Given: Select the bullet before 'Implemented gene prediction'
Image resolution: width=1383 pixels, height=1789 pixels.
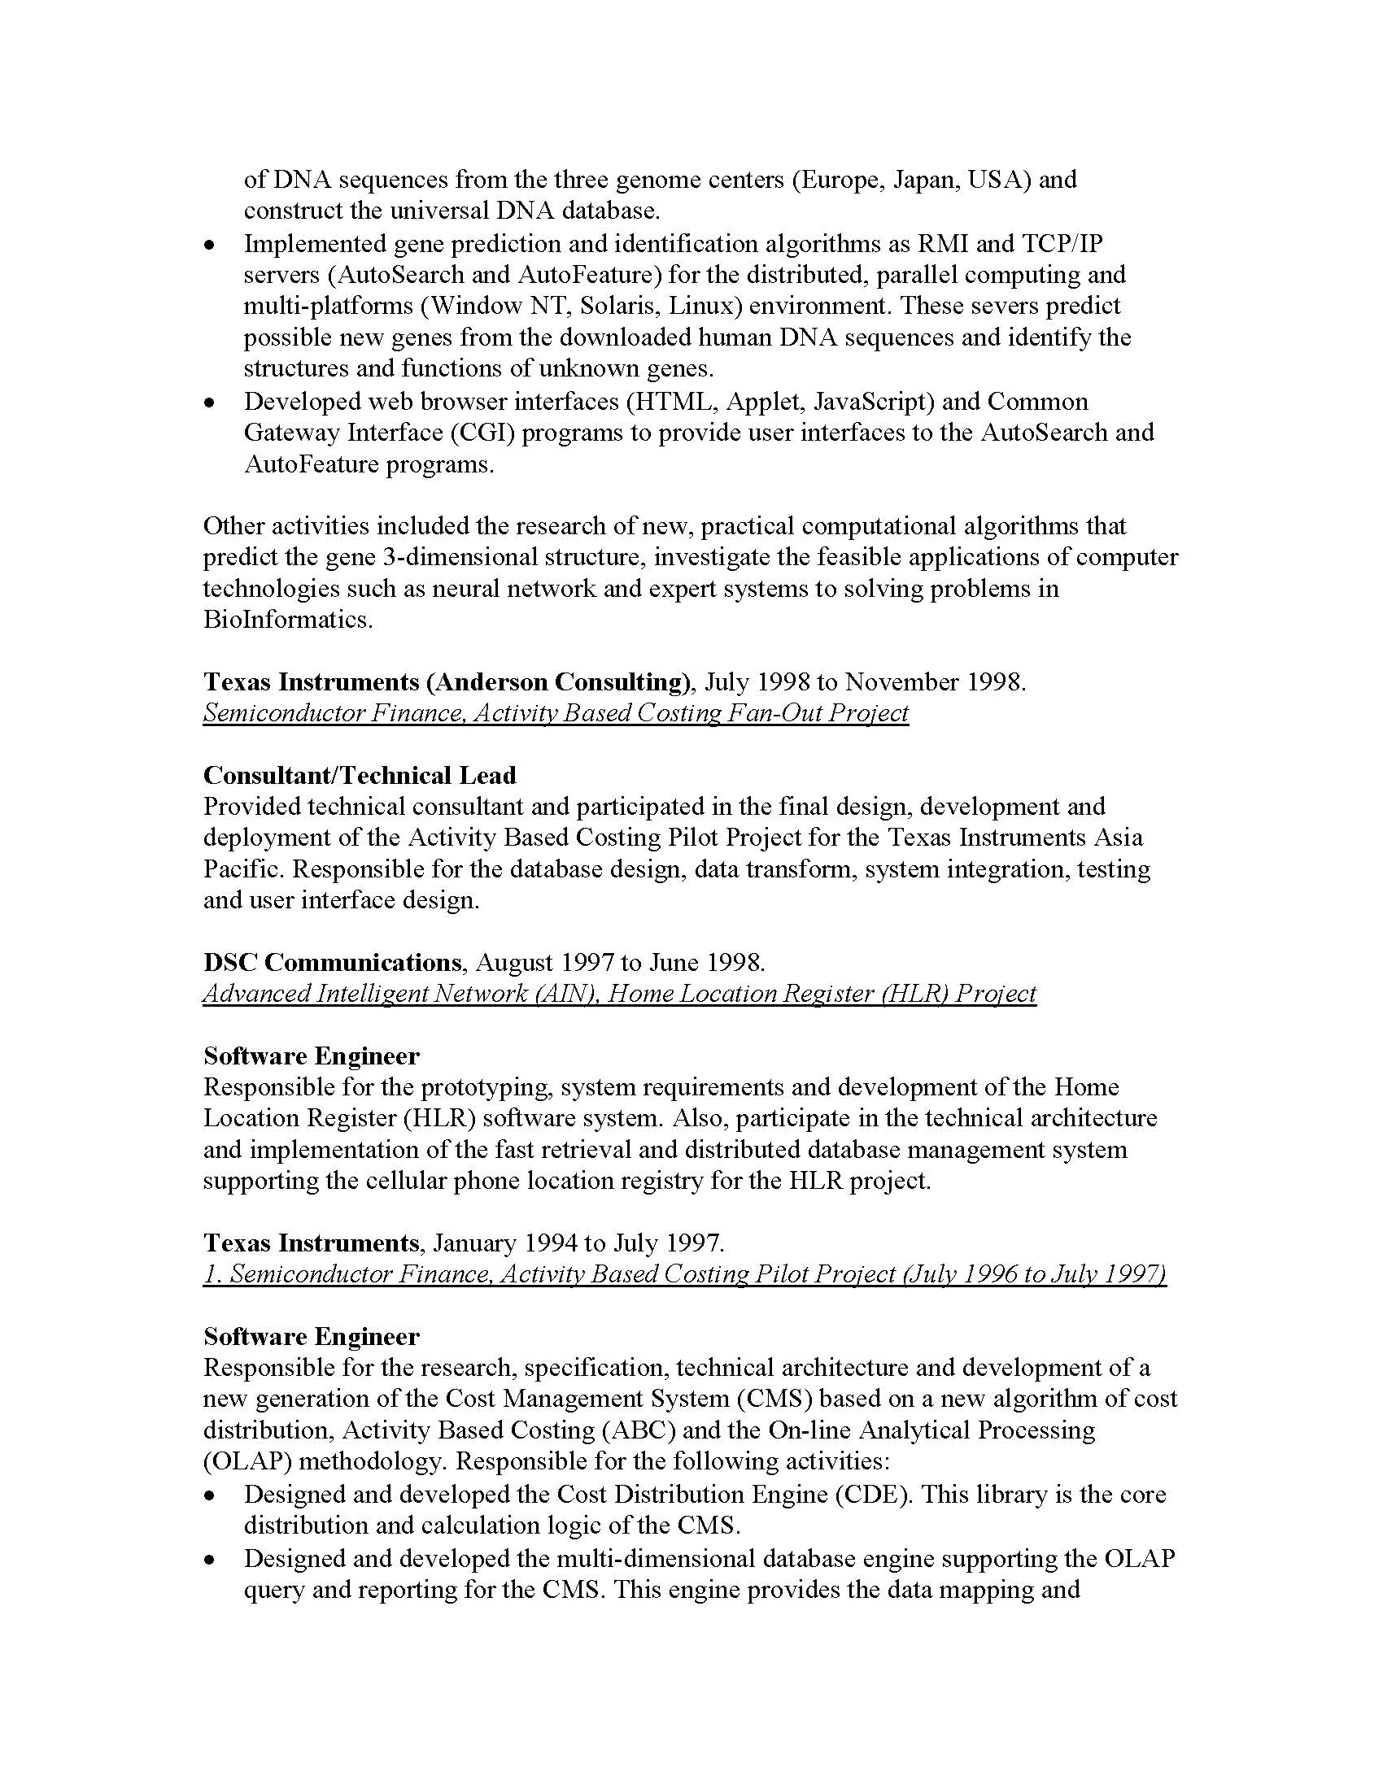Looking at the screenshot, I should [211, 245].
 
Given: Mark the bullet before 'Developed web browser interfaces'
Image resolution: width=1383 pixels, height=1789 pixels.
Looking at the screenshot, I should [211, 403].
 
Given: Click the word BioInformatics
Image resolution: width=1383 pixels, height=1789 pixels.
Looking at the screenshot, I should [287, 620].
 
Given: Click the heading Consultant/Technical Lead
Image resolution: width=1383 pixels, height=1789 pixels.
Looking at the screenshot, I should [360, 775].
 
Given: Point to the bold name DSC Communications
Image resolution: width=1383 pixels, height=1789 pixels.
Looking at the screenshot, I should [332, 962].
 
